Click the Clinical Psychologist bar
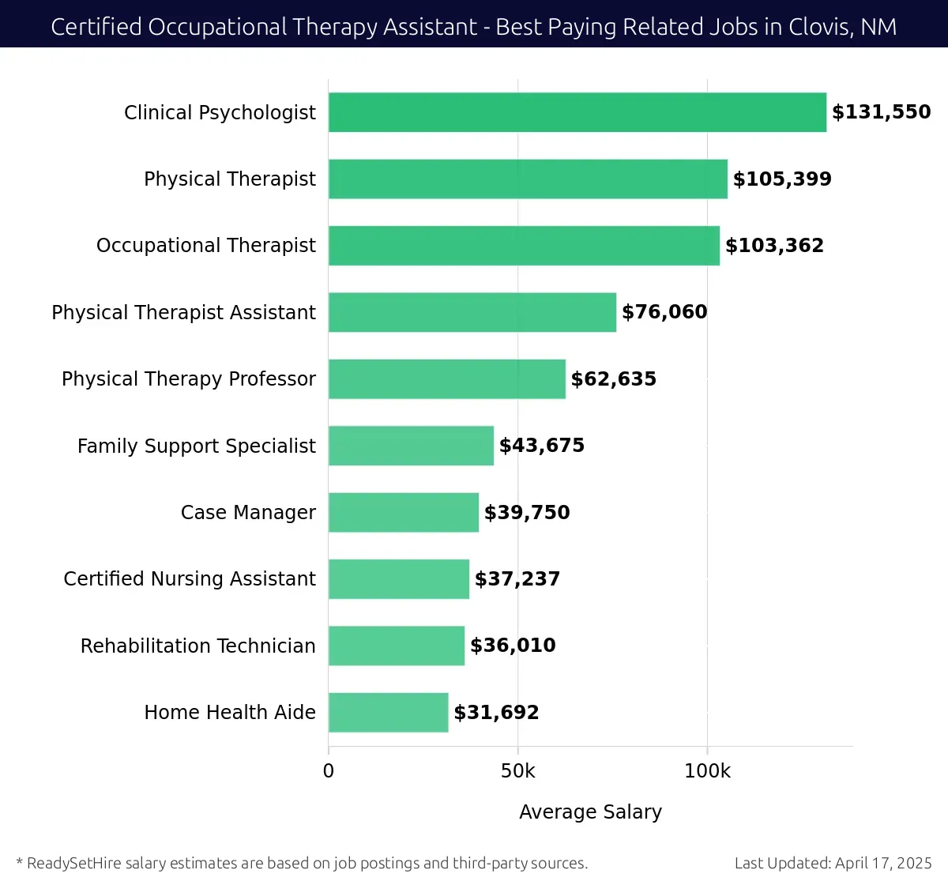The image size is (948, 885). [577, 112]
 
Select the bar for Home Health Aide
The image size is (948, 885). [388, 713]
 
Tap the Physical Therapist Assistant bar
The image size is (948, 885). [472, 312]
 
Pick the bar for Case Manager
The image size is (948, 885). [403, 512]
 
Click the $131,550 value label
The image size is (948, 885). [881, 112]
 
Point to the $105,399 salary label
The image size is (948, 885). [782, 179]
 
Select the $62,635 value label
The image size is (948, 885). [613, 379]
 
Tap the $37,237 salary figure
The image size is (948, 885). [517, 579]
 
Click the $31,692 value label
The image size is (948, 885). [496, 713]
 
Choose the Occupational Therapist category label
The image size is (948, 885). [205, 246]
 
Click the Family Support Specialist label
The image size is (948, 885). [196, 446]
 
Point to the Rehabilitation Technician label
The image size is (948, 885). [197, 646]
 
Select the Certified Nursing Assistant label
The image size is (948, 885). [190, 579]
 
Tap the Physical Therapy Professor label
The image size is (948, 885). [188, 379]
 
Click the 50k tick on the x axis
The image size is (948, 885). [517, 771]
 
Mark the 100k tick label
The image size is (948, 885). [707, 771]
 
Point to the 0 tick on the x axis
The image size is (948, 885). [329, 771]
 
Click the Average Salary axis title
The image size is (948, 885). [590, 812]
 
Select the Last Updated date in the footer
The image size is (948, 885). [833, 863]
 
